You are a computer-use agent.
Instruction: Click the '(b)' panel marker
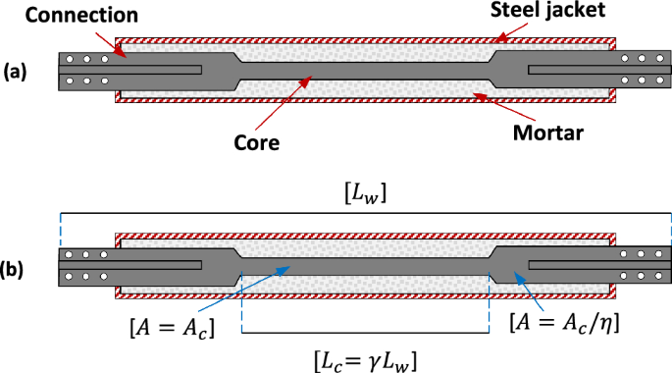tap(17, 266)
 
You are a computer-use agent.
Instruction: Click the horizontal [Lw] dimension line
tap(365, 214)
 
